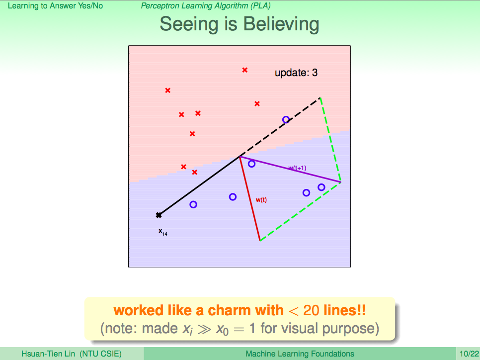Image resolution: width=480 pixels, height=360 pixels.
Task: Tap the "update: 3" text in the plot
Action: tap(296, 73)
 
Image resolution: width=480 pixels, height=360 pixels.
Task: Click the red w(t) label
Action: tap(261, 200)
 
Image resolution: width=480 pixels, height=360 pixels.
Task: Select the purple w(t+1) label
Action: tap(297, 168)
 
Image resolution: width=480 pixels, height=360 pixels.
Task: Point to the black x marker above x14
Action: tap(159, 215)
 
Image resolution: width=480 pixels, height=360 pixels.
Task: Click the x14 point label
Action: tap(163, 232)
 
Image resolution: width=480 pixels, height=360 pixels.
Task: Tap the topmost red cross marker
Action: tap(244, 70)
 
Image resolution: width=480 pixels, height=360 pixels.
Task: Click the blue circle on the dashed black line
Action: tap(286, 119)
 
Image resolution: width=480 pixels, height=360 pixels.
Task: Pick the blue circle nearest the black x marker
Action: tap(193, 204)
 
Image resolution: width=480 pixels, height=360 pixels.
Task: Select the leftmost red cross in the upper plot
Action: tap(168, 90)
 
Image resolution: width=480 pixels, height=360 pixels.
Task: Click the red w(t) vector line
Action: tap(250, 198)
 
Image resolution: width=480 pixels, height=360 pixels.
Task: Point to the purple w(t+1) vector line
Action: tap(290, 170)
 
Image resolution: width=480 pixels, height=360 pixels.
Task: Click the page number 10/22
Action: tap(469, 354)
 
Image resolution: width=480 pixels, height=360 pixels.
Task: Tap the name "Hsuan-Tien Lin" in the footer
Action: tap(48, 354)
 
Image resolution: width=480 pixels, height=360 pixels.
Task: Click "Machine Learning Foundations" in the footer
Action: tap(300, 354)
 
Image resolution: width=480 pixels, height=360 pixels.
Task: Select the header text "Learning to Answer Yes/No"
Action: tap(56, 6)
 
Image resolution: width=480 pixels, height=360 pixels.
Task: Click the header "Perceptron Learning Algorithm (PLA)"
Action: tap(206, 6)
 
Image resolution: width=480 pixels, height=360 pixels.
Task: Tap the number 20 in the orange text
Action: tap(312, 310)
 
